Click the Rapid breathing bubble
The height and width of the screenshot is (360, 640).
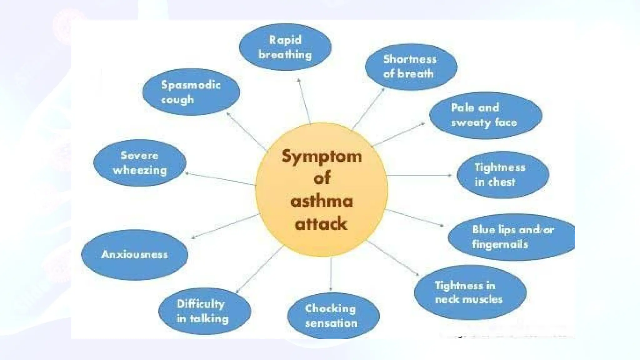pyautogui.click(x=285, y=47)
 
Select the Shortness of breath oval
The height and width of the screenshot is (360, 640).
pyautogui.click(x=411, y=67)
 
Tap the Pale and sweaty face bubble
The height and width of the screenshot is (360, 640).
pyautogui.click(x=485, y=115)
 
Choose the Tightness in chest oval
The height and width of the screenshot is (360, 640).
pyautogui.click(x=502, y=175)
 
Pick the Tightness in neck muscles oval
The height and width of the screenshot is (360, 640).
pyautogui.click(x=470, y=292)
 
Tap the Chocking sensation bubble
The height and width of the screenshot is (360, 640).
pyautogui.click(x=333, y=316)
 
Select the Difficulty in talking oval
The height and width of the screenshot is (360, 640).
pyautogui.click(x=204, y=311)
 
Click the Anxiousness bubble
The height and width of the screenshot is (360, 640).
pyautogui.click(x=135, y=254)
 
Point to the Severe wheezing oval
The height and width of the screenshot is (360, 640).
pyautogui.click(x=140, y=163)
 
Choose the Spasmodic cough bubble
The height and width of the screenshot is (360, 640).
pyautogui.click(x=191, y=92)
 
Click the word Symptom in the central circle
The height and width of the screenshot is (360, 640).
pyautogui.click(x=322, y=156)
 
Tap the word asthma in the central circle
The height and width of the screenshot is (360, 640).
pyautogui.click(x=322, y=201)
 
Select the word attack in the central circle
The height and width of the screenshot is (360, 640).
pyautogui.click(x=321, y=224)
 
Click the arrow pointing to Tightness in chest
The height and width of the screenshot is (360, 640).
pyautogui.click(x=419, y=175)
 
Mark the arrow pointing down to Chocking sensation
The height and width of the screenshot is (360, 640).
pyautogui.click(x=331, y=273)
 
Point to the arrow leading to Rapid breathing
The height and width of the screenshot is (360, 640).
pyautogui.click(x=304, y=101)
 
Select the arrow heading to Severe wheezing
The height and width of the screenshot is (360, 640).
pyautogui.click(x=220, y=178)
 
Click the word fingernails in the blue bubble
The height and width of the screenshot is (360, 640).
pyautogui.click(x=500, y=244)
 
